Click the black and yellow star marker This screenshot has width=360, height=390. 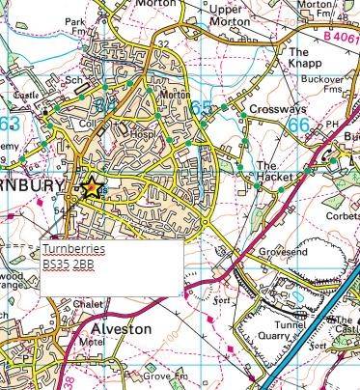coord(92,187)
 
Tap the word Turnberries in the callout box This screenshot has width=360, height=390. coord(72,249)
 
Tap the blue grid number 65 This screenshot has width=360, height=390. coord(202,107)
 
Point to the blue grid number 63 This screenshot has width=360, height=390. coord(10,125)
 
